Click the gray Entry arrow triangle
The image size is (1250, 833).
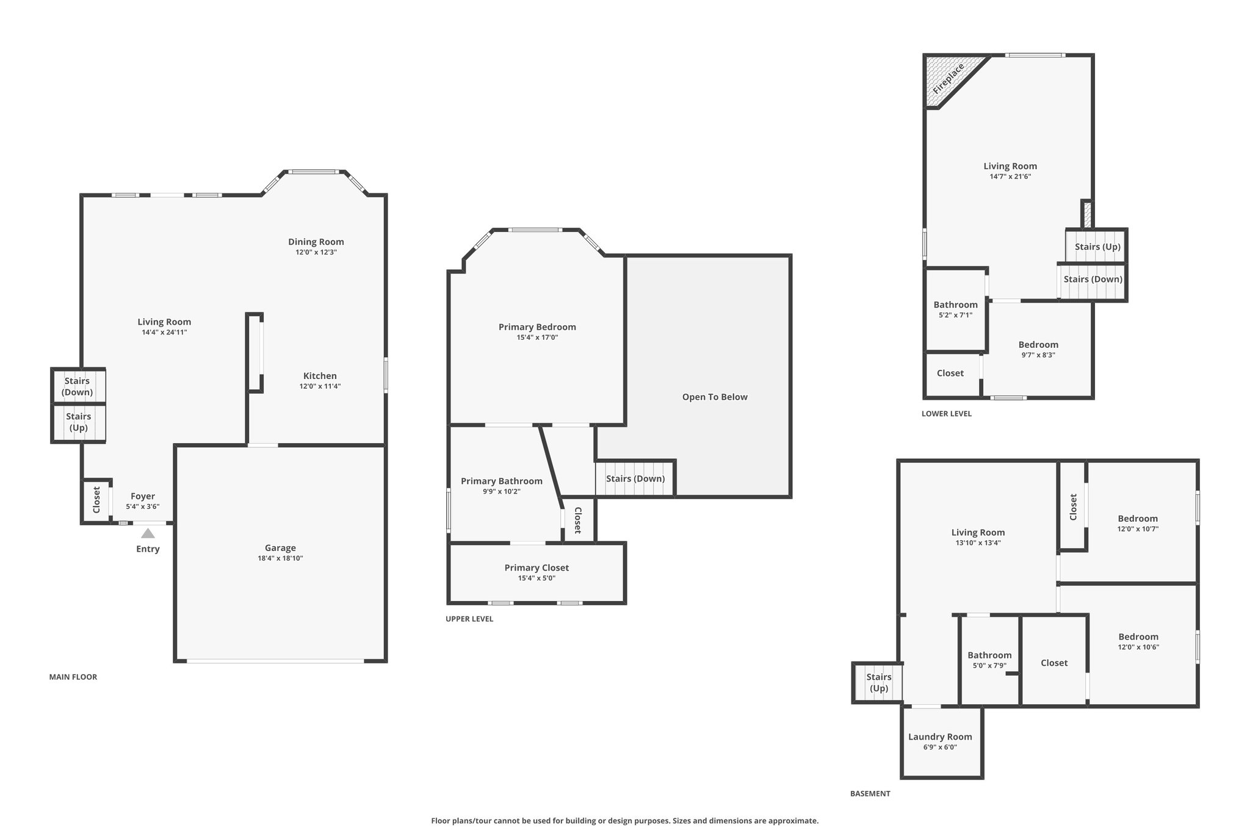148,533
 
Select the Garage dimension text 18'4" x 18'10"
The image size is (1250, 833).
280,558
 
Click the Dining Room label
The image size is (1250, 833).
316,242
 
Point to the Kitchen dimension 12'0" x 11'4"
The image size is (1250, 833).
320,386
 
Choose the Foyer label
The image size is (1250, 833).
143,496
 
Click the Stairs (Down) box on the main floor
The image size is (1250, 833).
78,386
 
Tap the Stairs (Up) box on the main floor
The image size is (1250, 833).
78,422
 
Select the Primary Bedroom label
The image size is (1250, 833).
537,327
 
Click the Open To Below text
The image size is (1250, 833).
715,397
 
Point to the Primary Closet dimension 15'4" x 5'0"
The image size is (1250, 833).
537,579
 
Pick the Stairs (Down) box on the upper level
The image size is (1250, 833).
635,478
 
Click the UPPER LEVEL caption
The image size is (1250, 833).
469,619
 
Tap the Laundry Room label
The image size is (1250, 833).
940,737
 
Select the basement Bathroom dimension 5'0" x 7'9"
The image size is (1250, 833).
989,666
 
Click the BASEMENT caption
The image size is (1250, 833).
870,794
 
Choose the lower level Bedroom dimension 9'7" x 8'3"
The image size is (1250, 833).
1038,355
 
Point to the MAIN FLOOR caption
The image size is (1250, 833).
73,677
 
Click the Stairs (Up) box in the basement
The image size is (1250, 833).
878,683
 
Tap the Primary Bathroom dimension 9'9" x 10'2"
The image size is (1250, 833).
501,492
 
